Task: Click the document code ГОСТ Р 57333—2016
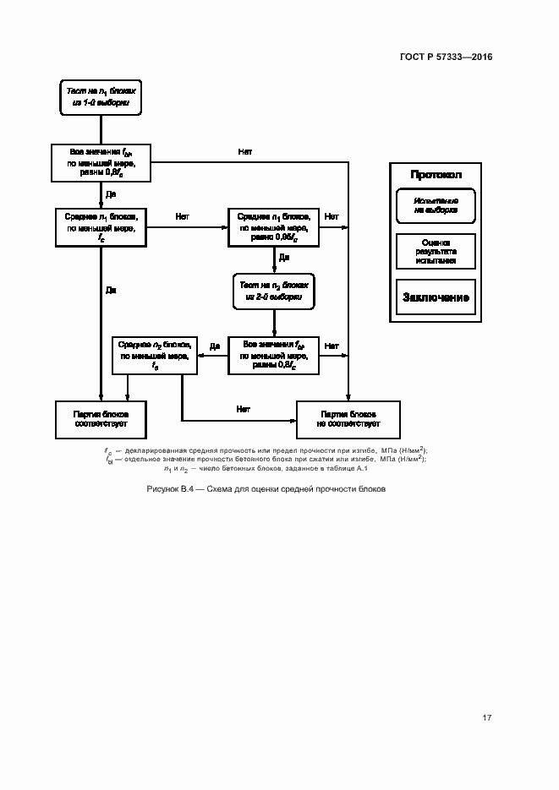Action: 445,57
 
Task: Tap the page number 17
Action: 486,718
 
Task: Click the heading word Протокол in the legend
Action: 436,175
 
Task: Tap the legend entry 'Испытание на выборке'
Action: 436,205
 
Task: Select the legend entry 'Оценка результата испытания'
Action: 436,251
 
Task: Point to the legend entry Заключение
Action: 436,298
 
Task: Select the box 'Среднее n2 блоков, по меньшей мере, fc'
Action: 155,356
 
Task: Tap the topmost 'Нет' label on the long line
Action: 244,152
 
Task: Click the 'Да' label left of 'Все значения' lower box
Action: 215,346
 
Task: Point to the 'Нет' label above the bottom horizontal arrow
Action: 243,410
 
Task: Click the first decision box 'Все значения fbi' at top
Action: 100,162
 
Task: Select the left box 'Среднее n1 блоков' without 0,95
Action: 101,227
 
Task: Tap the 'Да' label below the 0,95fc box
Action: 284,257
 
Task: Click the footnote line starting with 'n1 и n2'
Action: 265,469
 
